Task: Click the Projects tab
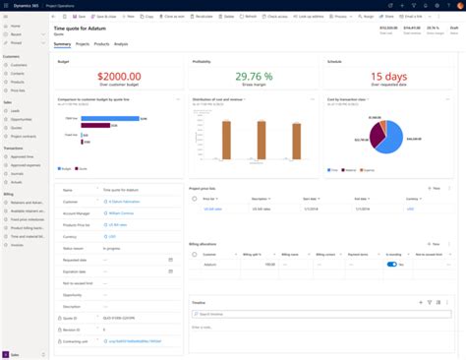click(83, 44)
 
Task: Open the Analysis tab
click(121, 44)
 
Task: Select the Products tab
click(101, 44)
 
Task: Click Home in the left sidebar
click(15, 26)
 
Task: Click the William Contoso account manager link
click(121, 212)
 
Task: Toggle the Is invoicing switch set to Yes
click(391, 264)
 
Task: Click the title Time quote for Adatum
click(85, 31)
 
